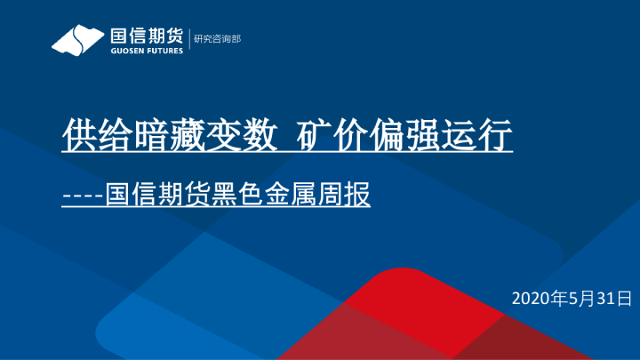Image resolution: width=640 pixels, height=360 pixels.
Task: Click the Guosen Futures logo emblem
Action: pos(78,41)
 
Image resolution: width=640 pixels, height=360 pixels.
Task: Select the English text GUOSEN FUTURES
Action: pos(146,52)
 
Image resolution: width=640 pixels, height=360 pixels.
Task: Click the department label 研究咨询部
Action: pos(218,39)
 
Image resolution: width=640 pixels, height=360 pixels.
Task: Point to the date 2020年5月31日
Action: pos(572,297)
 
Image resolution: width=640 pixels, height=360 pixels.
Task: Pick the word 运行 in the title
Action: pos(481,136)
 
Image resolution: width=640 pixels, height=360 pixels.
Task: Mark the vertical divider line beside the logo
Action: pos(188,40)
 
